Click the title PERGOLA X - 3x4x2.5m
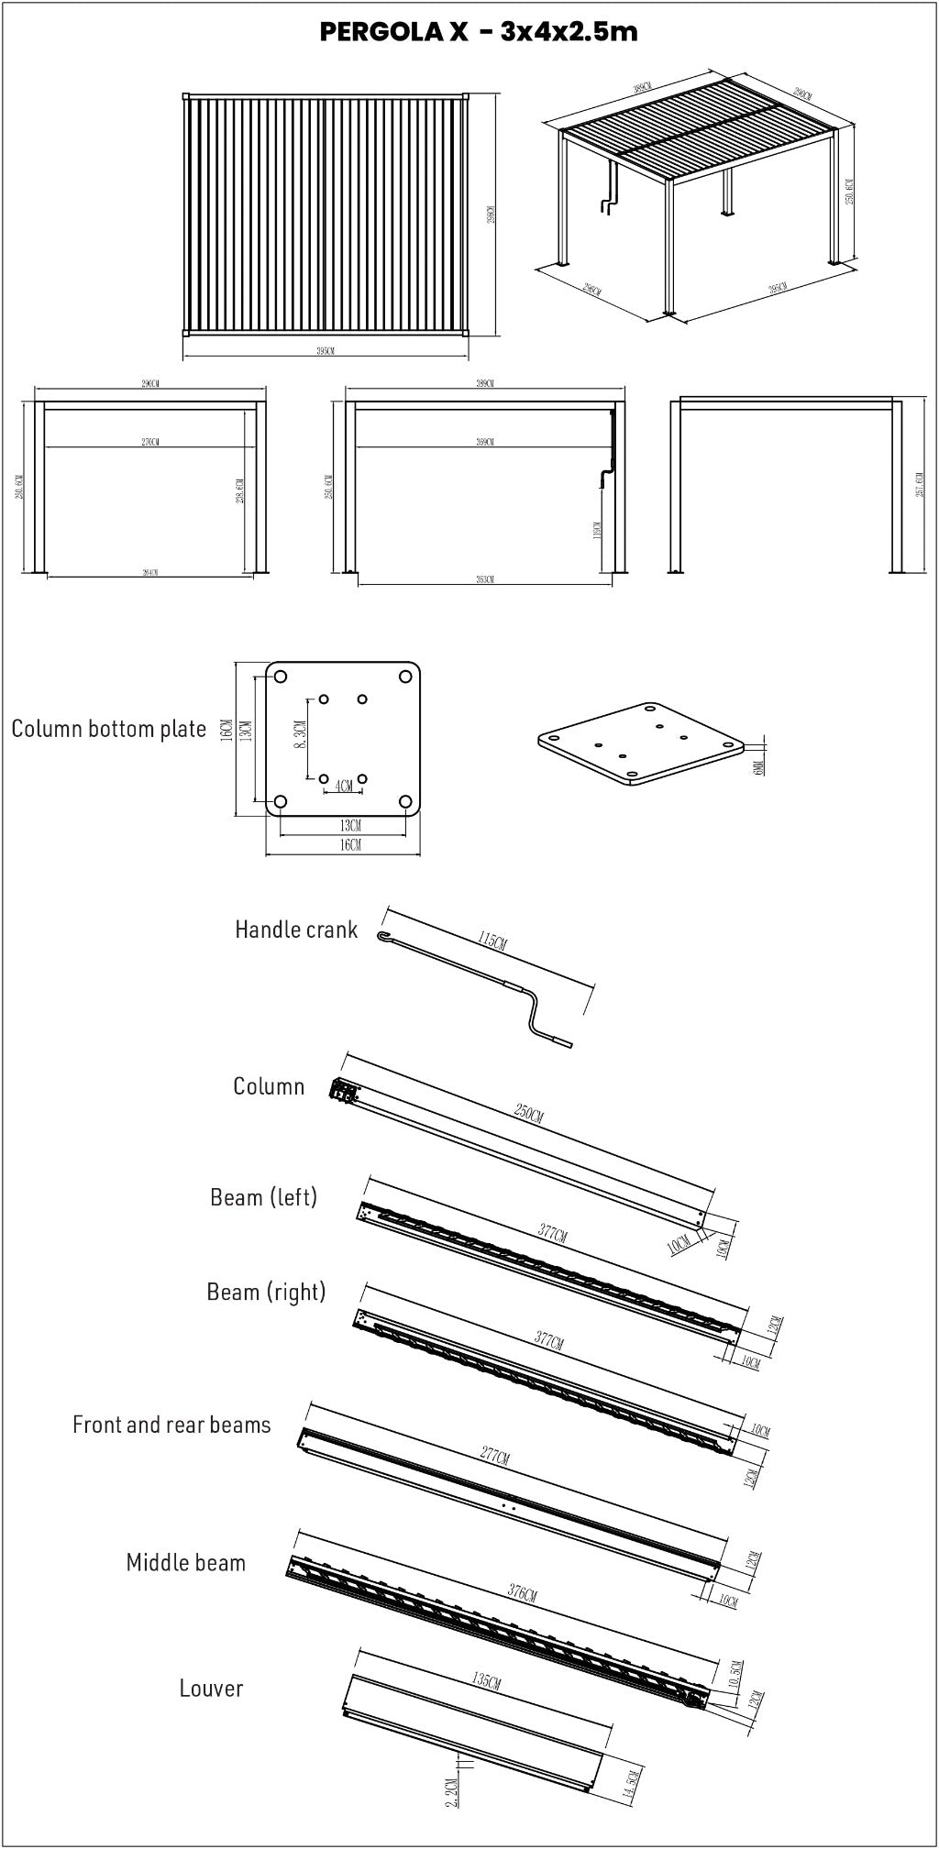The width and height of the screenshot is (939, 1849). [478, 32]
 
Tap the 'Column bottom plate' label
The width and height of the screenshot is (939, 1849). [108, 729]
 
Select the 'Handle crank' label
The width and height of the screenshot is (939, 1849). [296, 930]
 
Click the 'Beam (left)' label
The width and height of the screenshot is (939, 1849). [263, 1197]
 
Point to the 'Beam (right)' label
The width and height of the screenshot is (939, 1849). [266, 1292]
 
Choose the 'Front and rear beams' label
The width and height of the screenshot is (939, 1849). [171, 1425]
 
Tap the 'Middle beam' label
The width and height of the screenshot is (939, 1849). [186, 1563]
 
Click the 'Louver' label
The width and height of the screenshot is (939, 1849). [211, 1689]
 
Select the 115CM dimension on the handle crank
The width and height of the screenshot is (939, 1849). [492, 941]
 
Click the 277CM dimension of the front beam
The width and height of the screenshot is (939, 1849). [494, 1457]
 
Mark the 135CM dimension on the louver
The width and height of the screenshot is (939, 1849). [486, 1682]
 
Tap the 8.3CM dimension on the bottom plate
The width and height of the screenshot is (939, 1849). [300, 736]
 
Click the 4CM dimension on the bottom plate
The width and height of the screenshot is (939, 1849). [344, 786]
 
